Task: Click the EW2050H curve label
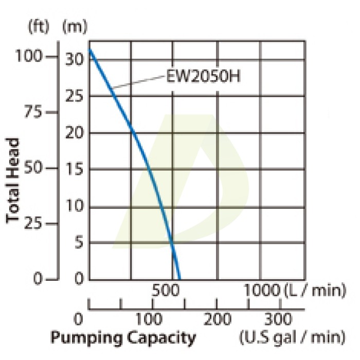[203, 77]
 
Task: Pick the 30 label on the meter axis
[75, 59]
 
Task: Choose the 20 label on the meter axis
[75, 133]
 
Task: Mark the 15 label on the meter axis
[75, 170]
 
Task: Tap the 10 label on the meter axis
[75, 207]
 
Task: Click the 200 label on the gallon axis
[216, 319]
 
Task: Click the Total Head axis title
[14, 180]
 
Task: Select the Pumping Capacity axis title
[123, 338]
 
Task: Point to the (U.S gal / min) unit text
[292, 337]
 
